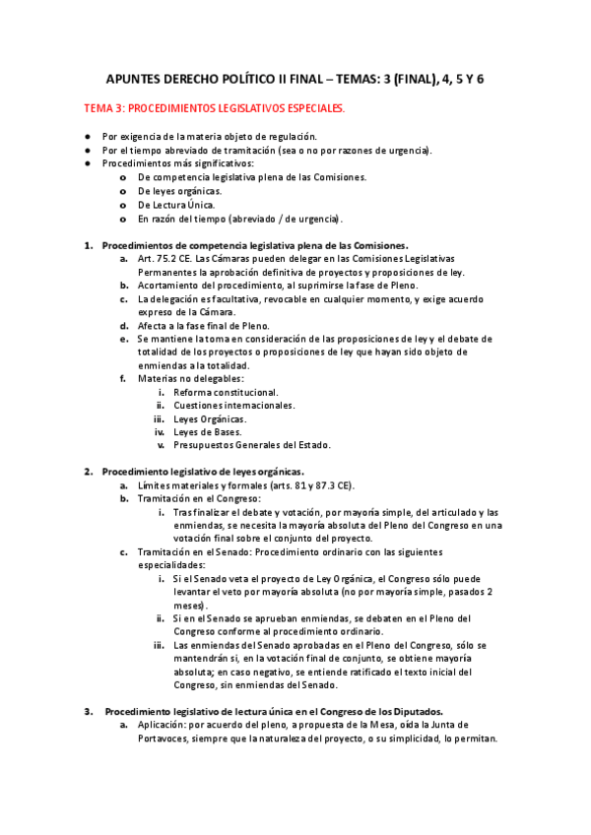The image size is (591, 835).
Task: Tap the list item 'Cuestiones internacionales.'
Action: (x=233, y=405)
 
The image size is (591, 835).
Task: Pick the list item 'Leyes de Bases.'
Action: (x=210, y=431)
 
